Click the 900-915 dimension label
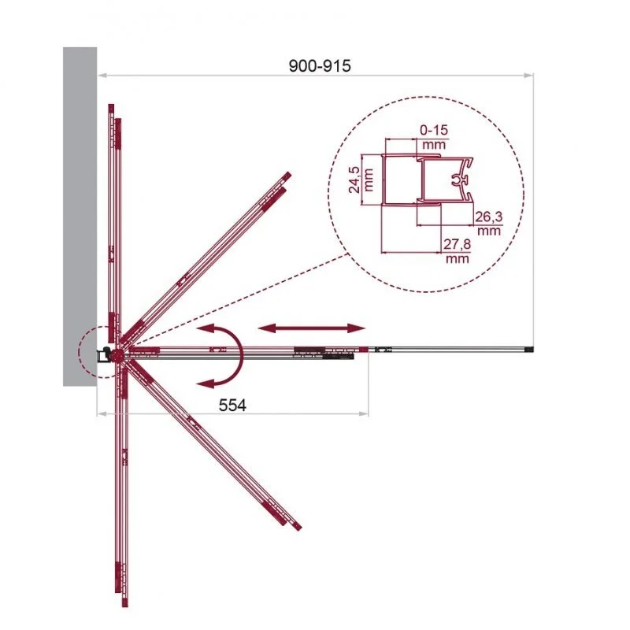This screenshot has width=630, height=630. [320, 66]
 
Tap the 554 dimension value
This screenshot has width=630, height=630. [232, 405]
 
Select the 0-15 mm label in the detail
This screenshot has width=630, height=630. [434, 136]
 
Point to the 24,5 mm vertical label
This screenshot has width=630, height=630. [361, 180]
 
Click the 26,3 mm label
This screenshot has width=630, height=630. [489, 224]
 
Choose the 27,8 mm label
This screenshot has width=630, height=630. [458, 250]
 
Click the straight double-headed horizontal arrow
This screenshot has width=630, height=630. [312, 328]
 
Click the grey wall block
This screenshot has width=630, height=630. [80, 217]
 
